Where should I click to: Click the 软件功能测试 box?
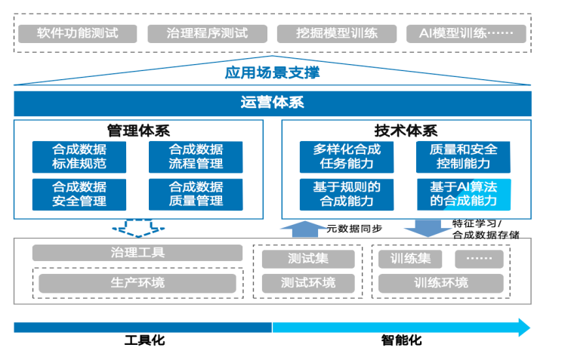(77, 33)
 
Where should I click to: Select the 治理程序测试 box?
(207, 33)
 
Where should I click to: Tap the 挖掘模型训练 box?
(337, 33)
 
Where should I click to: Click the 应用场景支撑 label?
(272, 73)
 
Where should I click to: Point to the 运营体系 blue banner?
(272, 103)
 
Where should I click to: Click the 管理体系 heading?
(137, 131)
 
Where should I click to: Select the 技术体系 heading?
(406, 131)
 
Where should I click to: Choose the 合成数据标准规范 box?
(79, 157)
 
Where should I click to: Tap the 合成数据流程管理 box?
(196, 157)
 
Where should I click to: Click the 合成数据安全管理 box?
(79, 194)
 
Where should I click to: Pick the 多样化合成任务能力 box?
(347, 157)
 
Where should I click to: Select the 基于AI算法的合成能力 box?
(464, 194)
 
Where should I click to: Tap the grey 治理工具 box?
(137, 253)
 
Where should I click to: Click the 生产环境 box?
(137, 283)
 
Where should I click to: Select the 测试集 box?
(307, 259)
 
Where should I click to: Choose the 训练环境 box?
(440, 283)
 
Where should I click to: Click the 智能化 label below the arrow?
(401, 340)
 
